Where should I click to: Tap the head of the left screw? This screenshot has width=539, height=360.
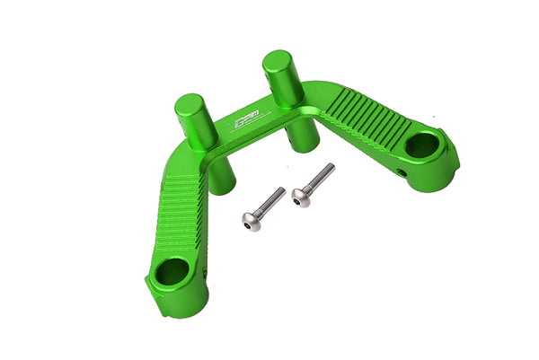[x=252, y=220]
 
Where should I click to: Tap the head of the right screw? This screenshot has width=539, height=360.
[x=301, y=197]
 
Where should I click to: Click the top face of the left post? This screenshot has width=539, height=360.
[x=191, y=102]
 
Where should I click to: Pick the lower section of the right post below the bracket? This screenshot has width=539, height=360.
[x=299, y=139]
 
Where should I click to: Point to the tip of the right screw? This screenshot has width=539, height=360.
[x=331, y=167]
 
